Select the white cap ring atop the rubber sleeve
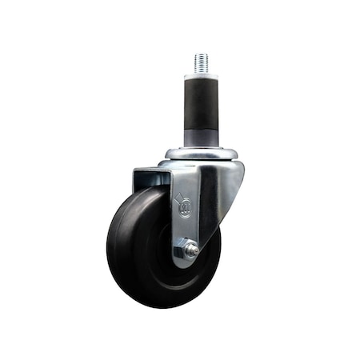point(201,76)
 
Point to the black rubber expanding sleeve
point(201,104)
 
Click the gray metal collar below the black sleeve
point(202,138)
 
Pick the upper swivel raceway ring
point(202,151)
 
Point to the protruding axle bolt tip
point(194,250)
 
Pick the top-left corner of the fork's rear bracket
point(134,169)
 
